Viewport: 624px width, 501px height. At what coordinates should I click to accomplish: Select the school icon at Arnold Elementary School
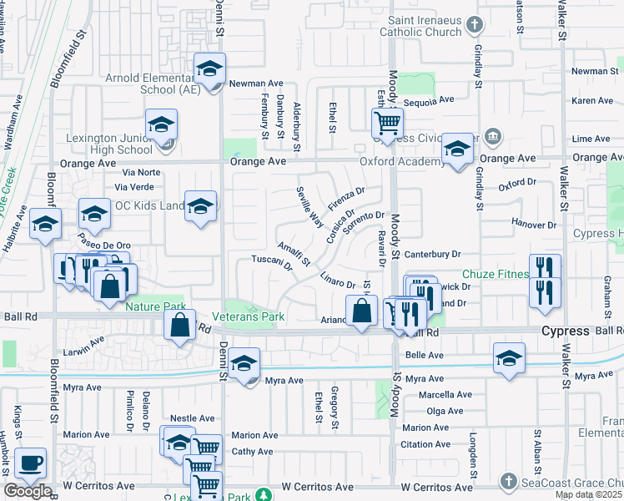pyautogui.click(x=209, y=69)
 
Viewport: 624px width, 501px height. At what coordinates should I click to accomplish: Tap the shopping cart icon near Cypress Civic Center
pyautogui.click(x=387, y=124)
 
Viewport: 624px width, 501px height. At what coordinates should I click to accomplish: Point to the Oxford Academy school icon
pyautogui.click(x=456, y=149)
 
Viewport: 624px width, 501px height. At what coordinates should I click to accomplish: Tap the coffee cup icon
pyautogui.click(x=31, y=464)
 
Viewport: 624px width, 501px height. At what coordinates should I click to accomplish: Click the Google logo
pyautogui.click(x=28, y=491)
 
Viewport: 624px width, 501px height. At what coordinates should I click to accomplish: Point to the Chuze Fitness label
pyautogui.click(x=496, y=274)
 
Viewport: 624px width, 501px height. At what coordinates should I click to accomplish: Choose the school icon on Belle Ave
pyautogui.click(x=508, y=359)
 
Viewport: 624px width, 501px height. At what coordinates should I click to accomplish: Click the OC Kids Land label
pyautogui.click(x=149, y=206)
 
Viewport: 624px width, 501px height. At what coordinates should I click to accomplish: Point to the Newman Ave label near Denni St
pyautogui.click(x=257, y=83)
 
